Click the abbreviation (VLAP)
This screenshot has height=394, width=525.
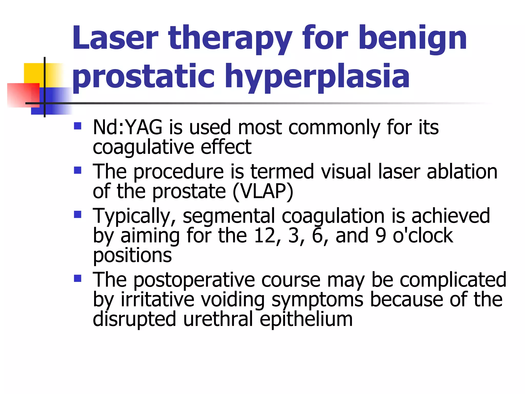click(x=263, y=192)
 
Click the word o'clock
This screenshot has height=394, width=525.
click(x=423, y=236)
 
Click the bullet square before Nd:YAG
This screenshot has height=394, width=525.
click(x=77, y=126)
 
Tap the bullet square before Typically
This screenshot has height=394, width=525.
click(x=77, y=214)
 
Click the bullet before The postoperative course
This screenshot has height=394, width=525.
click(x=77, y=279)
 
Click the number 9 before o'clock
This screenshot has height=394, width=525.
click(x=381, y=236)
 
